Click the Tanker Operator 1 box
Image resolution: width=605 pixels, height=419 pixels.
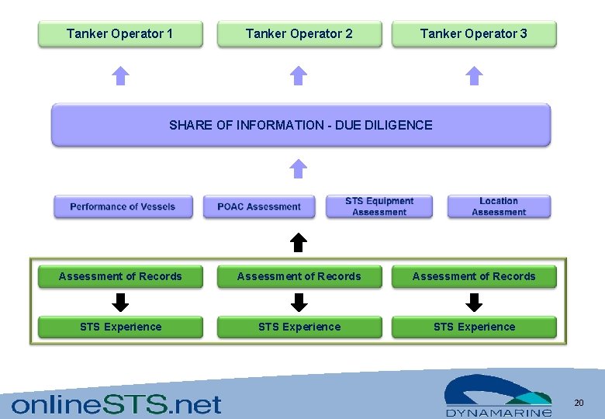pos(120,34)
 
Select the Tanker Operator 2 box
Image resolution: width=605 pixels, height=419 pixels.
pos(299,34)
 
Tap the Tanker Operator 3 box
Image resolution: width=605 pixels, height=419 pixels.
pos(474,34)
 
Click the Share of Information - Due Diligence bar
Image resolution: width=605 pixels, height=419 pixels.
pos(301,125)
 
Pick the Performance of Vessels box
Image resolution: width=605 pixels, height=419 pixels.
pos(123,206)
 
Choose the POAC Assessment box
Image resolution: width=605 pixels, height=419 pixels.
pos(259,206)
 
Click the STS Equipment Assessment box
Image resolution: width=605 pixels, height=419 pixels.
pos(379,206)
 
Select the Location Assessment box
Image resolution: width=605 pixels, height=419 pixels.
pos(499,206)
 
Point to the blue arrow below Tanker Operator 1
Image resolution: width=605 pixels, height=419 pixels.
pos(120,75)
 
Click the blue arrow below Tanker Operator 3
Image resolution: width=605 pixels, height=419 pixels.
pos(474,75)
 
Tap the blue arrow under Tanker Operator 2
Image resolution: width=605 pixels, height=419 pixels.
pos(299,75)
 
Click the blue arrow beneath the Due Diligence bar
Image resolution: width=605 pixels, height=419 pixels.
pos(299,168)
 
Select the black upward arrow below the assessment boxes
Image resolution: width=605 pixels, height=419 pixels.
pos(299,243)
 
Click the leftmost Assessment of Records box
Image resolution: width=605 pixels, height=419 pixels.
pos(120,277)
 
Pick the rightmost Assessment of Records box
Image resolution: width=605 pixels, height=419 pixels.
pos(474,277)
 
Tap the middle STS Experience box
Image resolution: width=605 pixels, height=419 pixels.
pos(299,327)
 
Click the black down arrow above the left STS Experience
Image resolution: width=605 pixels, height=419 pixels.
pos(120,302)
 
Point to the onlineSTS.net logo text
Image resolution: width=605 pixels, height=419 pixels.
pos(116,403)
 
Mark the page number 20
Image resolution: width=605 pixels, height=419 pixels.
pos(579,403)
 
